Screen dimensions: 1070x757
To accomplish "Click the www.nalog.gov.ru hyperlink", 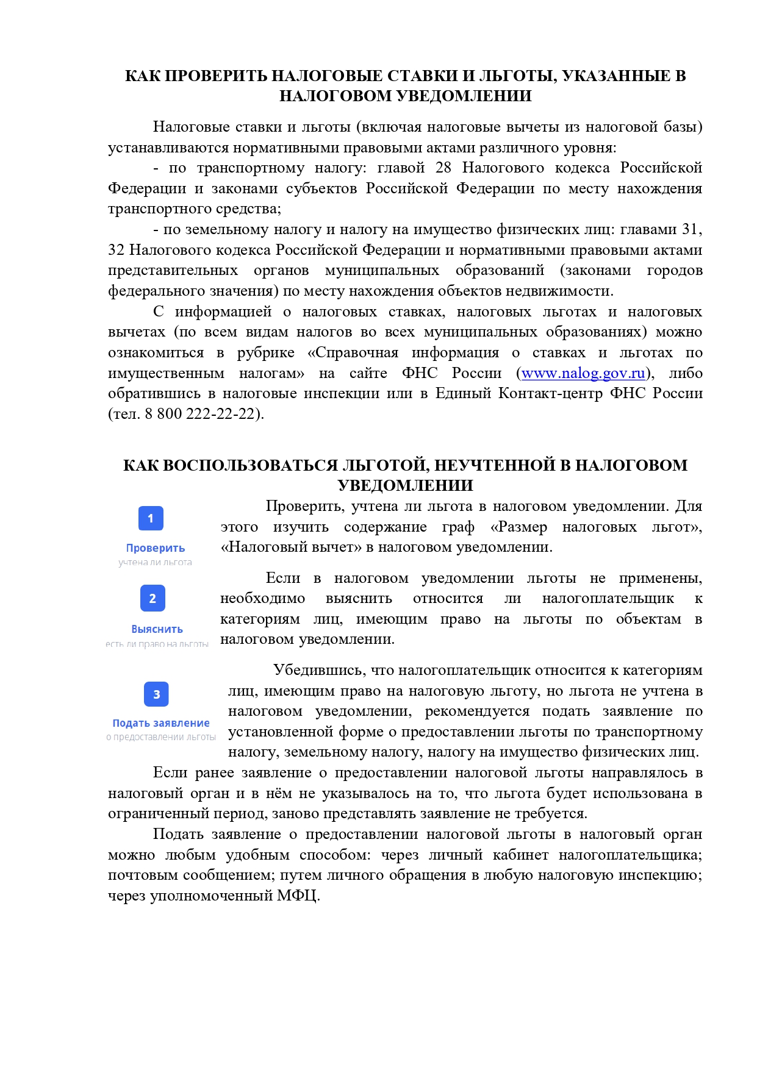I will (x=583, y=373).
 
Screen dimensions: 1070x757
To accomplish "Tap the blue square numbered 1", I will (x=151, y=519).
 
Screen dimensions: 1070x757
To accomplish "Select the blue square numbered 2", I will (x=152, y=599).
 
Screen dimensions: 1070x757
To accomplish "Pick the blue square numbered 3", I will (x=156, y=694).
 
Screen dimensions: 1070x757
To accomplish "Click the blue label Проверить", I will (x=156, y=548).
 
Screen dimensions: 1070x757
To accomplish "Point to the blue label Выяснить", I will (x=157, y=629).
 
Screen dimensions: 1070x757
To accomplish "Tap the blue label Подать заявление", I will (x=161, y=723).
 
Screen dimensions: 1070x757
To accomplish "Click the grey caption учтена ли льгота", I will (x=155, y=562).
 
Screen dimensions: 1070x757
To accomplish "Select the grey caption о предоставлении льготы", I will (x=161, y=737).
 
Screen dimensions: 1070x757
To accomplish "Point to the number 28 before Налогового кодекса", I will (x=443, y=168).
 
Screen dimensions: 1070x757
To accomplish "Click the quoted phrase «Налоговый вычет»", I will (x=291, y=547).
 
